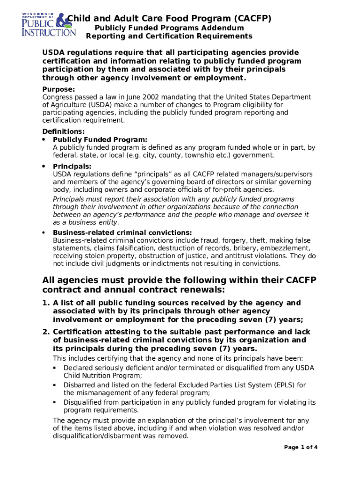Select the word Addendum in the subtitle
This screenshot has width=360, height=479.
pos(222,28)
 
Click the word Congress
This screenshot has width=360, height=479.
pos(58,97)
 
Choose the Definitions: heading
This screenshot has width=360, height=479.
pos(63,131)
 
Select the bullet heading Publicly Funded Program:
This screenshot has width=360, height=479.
pos(100,139)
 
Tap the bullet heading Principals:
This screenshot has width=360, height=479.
pos(72,166)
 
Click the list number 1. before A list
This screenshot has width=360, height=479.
pos(45,303)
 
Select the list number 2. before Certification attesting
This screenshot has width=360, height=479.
pos(45,332)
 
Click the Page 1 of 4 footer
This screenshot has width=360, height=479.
pos(301,447)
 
